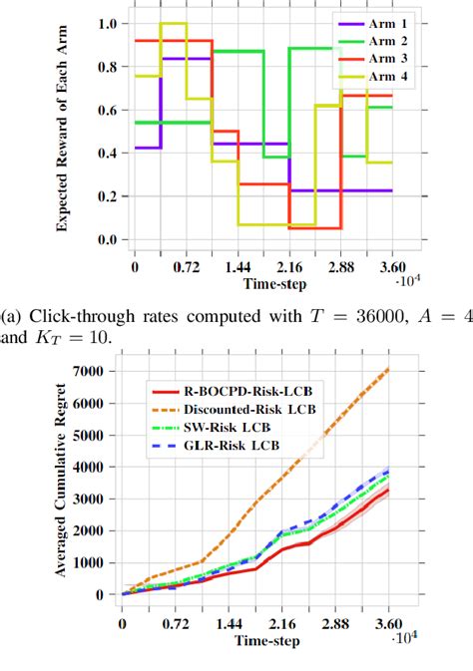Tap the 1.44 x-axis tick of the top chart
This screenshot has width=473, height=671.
click(x=238, y=267)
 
